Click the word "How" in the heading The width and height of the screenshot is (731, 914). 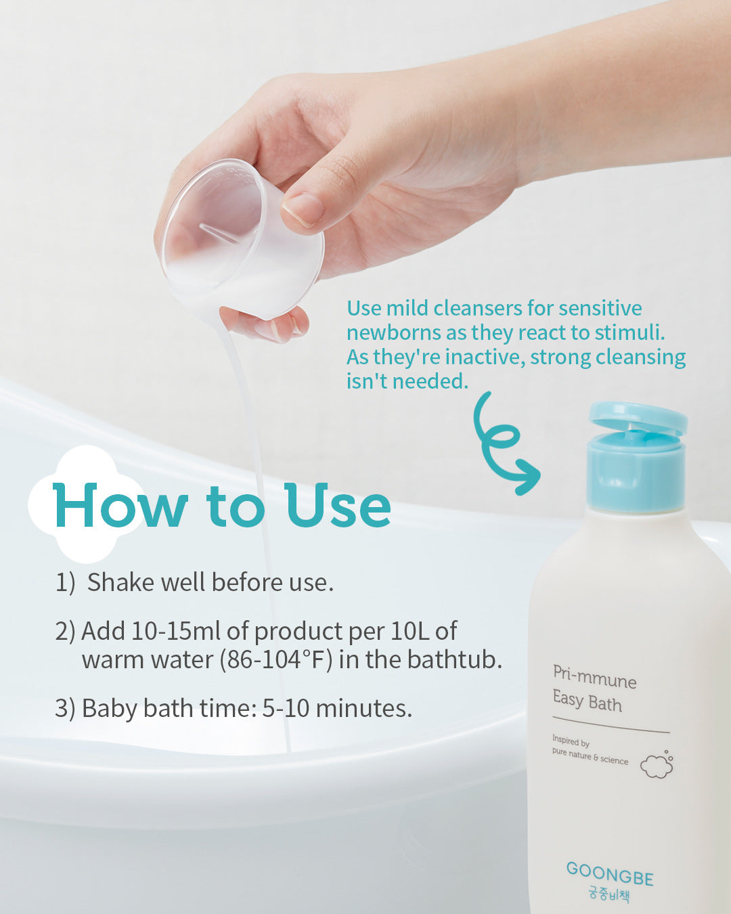120,506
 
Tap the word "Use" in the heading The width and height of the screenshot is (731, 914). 338,506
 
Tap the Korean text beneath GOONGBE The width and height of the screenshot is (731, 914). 610,894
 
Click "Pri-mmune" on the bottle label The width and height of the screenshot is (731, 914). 595,678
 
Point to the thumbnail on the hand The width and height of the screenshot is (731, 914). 303,209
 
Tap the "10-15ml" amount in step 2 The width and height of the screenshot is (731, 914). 175,631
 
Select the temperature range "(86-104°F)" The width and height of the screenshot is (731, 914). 276,659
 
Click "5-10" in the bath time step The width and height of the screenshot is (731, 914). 286,708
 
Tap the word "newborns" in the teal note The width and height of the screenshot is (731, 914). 394,332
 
